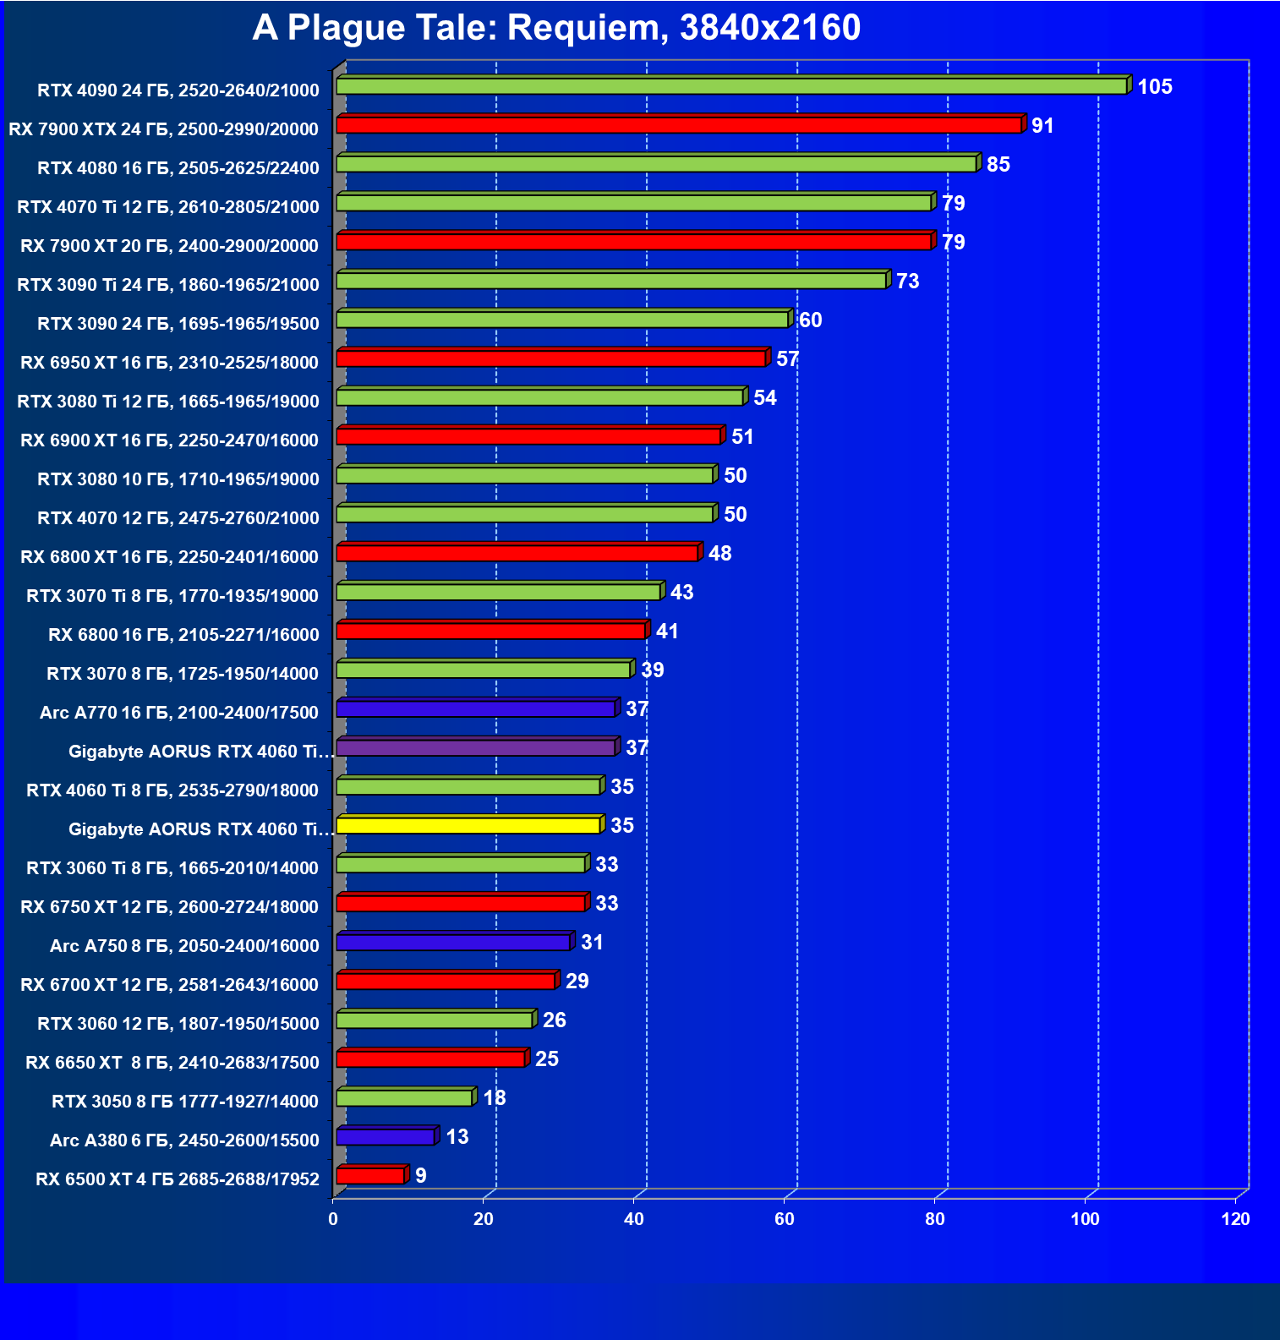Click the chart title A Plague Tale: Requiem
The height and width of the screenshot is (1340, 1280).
[555, 28]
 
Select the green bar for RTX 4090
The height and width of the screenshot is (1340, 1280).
[731, 86]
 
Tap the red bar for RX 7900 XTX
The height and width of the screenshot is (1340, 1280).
[679, 125]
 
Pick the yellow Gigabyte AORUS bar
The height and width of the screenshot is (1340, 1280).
[468, 825]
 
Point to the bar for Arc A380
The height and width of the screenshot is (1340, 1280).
[386, 1137]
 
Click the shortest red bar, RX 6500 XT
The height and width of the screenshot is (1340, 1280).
[370, 1176]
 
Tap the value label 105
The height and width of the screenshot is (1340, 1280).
[1154, 87]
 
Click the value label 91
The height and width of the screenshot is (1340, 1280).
[1042, 126]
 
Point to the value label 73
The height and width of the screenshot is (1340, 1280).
[907, 282]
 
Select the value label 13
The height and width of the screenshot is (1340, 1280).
[457, 1137]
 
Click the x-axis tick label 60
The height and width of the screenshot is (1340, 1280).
[784, 1219]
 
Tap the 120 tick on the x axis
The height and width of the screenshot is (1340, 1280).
[1235, 1219]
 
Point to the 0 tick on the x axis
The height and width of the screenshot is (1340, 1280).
[333, 1219]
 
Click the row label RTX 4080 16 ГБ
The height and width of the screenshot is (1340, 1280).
[178, 168]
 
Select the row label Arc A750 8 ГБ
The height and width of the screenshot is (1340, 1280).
[184, 946]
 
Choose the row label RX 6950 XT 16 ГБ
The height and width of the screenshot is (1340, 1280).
[169, 363]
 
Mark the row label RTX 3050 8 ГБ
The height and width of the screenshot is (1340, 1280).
[184, 1102]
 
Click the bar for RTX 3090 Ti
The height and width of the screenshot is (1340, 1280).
[611, 281]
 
